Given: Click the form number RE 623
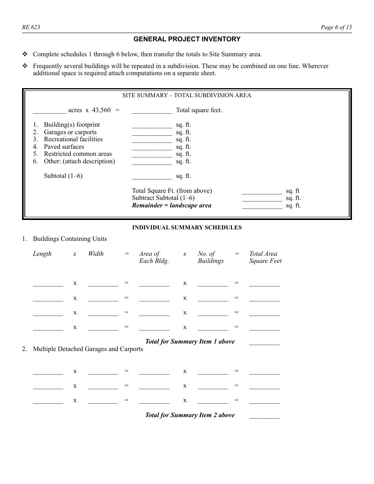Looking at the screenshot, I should click(x=31, y=27).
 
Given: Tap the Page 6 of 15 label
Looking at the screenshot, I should click(x=336, y=27).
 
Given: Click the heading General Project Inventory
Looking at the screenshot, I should click(x=187, y=39).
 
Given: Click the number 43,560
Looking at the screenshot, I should click(x=101, y=110).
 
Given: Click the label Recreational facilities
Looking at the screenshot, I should click(x=73, y=139).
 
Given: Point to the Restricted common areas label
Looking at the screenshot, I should click(x=78, y=154).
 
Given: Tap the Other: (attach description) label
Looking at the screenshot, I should click(x=79, y=161).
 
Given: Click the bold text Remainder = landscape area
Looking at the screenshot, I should click(x=172, y=205).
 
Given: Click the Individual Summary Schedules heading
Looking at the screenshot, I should click(x=187, y=227).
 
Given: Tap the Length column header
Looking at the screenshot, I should click(x=42, y=254).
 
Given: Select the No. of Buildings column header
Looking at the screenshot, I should click(x=211, y=257).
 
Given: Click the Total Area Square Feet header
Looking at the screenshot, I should click(x=265, y=257).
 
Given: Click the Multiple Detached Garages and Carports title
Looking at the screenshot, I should click(x=88, y=349).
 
